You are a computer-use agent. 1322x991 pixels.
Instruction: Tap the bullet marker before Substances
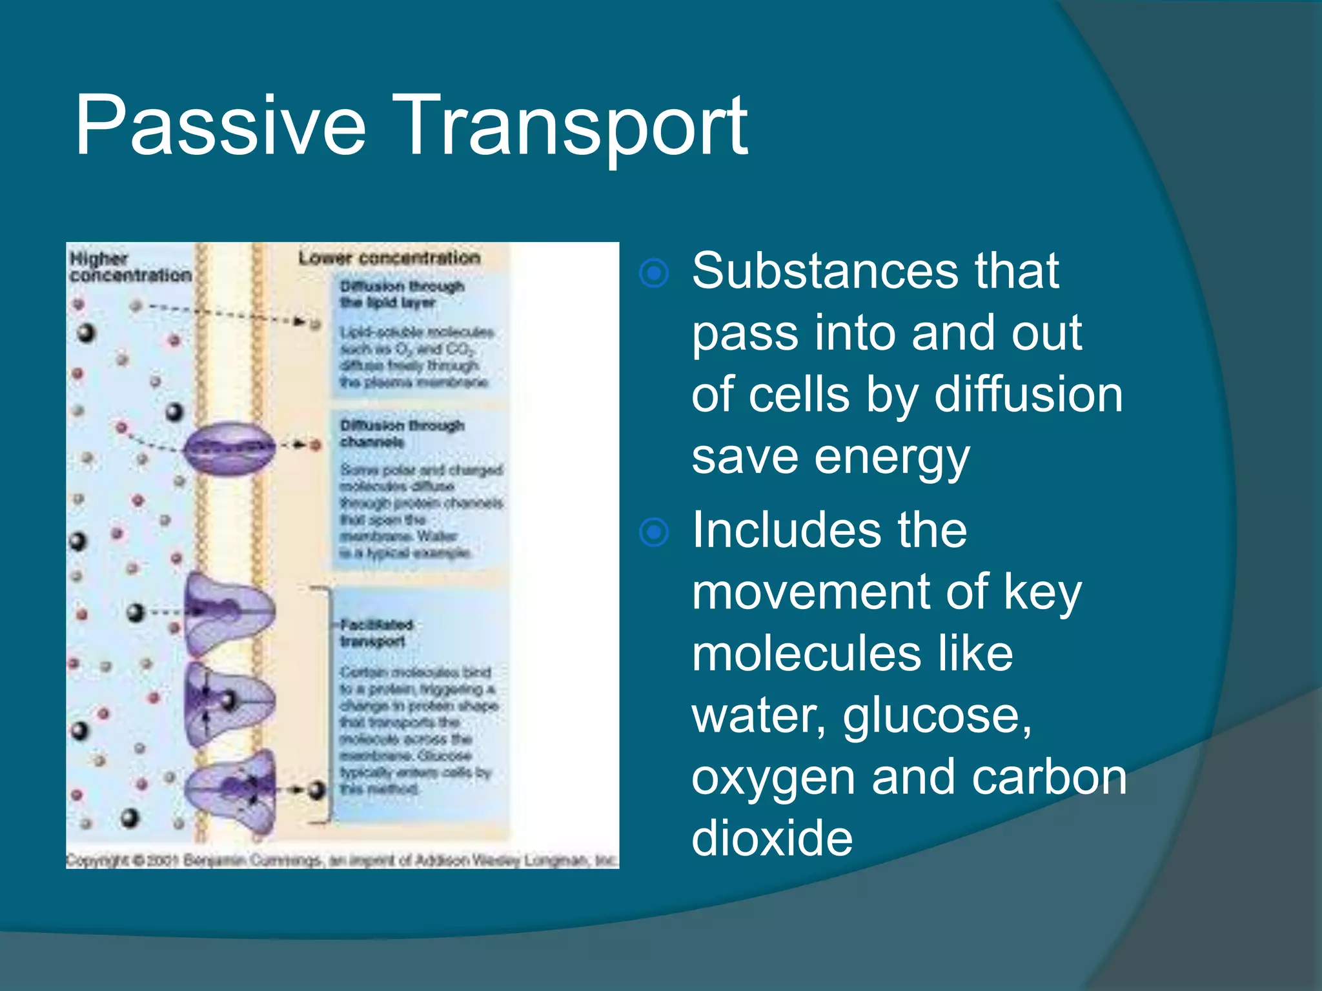point(654,274)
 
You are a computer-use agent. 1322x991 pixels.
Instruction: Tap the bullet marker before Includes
point(654,532)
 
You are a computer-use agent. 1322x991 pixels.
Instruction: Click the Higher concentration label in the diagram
point(129,267)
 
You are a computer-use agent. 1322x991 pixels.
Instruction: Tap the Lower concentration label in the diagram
point(389,258)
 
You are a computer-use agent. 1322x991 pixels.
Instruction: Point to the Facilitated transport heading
point(376,633)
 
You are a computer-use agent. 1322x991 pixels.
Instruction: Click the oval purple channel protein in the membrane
point(229,447)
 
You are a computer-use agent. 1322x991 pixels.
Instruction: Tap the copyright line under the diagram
point(342,860)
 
